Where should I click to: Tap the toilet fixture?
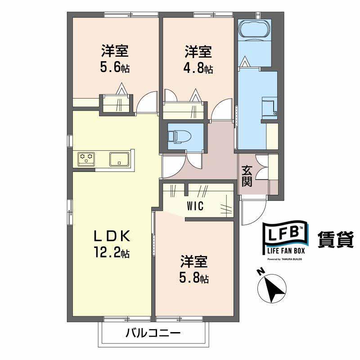coord(179,137)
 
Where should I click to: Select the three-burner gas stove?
coord(86,159)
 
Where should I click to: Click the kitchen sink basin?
coord(119,159)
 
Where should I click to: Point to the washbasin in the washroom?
coord(270,107)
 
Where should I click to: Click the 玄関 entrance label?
coord(247,176)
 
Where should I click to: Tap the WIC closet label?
coord(195,206)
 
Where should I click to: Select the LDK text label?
coord(112,236)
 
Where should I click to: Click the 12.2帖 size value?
coord(112,253)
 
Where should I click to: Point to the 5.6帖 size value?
coord(115,67)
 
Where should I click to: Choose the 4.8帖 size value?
coord(198,68)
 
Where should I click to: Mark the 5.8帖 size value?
coord(194,279)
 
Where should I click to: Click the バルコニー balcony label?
coord(153,333)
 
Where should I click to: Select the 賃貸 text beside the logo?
coord(335,239)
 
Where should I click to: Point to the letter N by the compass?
coord(261,272)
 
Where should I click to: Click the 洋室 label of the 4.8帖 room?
coord(198,52)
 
